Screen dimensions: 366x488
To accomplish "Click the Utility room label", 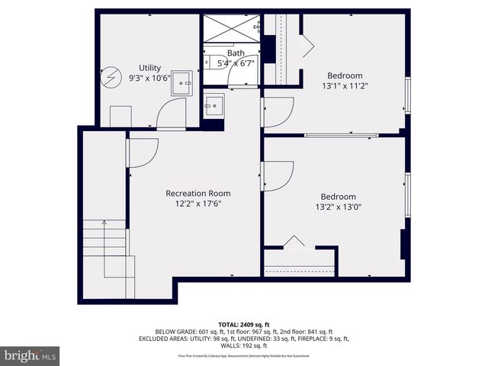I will [149, 68].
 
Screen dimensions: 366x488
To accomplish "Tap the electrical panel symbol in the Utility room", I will [112, 76].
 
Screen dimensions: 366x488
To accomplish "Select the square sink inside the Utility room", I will [183, 82].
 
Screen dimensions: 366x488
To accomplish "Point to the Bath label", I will [236, 53].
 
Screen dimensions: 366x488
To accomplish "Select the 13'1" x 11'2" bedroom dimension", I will [345, 86].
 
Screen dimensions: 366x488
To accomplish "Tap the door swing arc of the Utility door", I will [166, 117].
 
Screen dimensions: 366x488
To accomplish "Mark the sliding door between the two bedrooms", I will [341, 136].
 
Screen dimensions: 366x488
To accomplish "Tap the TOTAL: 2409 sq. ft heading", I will [243, 324].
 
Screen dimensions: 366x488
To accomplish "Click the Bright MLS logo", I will [30, 356].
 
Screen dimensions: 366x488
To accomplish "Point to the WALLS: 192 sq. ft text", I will [243, 345].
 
